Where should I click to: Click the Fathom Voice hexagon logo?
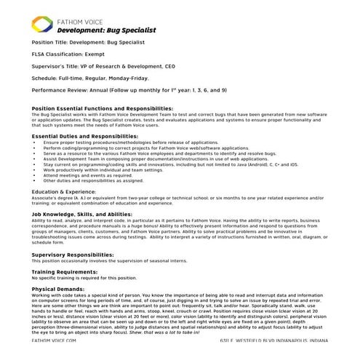click(44, 27)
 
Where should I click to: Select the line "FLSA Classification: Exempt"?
click(70, 54)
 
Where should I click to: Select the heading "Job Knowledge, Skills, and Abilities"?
click(82, 215)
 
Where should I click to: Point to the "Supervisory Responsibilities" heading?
click(73, 255)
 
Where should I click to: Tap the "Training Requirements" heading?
click(65, 272)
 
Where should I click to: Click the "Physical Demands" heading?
click(59, 289)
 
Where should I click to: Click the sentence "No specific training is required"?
click(84, 278)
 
